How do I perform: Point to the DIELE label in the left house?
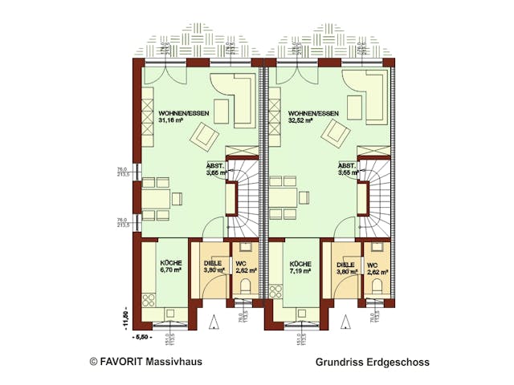213,263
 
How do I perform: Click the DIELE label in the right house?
345,263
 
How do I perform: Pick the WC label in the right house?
373,263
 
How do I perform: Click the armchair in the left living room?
204,138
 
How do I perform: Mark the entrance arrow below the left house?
213,322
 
